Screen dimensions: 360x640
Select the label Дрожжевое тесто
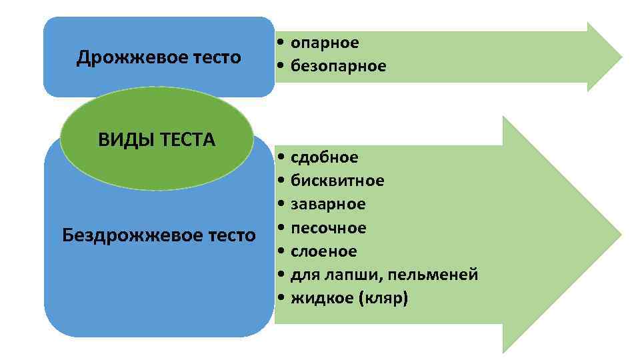click(x=159, y=57)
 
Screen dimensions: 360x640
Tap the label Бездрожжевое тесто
click(x=159, y=235)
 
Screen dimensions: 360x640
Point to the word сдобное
click(x=324, y=157)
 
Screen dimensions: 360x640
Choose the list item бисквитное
click(x=337, y=181)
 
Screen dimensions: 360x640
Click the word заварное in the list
click(x=328, y=204)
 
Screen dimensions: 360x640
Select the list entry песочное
click(x=328, y=228)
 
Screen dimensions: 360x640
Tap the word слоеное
click(x=323, y=251)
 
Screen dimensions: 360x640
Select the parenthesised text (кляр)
click(x=383, y=298)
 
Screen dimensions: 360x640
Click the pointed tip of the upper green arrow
click(x=621, y=56)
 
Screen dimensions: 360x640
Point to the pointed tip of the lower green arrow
click(x=620, y=234)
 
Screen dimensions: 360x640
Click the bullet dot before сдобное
click(x=283, y=157)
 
